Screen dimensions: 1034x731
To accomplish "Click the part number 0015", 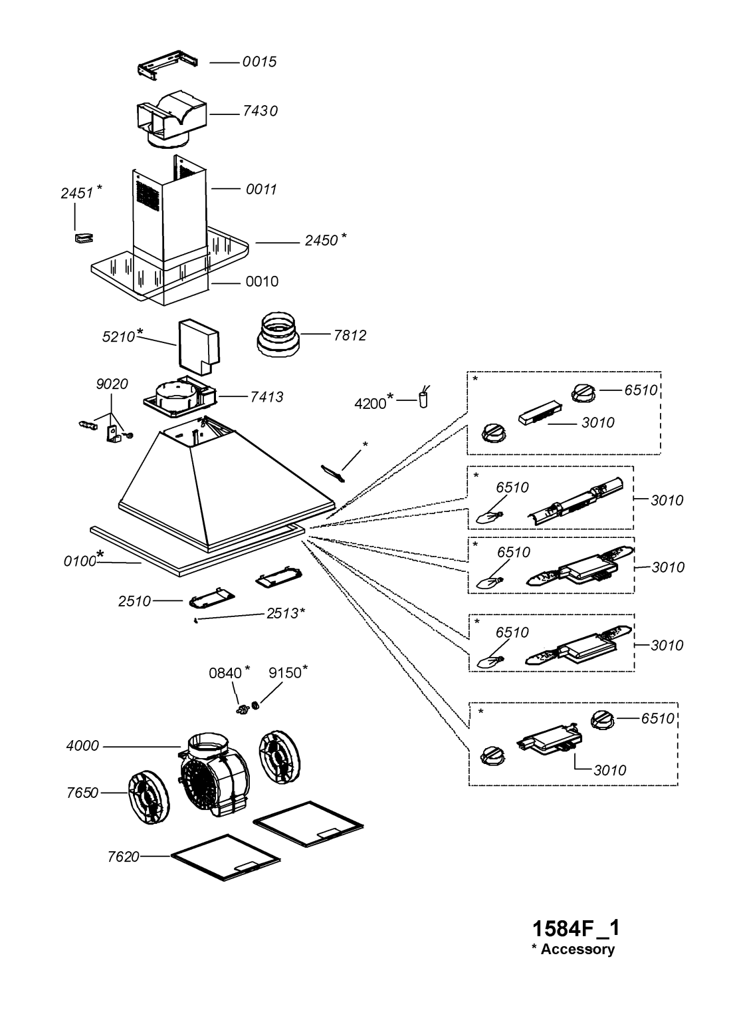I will point(259,62).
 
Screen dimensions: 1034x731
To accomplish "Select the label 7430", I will point(259,111).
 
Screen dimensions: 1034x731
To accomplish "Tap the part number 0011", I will point(261,190).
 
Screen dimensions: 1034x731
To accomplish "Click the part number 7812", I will point(350,335).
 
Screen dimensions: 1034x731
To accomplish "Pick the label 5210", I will point(119,337).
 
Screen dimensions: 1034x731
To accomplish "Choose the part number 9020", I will point(112,384).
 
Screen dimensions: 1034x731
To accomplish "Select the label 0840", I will point(225,673).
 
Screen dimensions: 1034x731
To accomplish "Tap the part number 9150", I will point(285,673).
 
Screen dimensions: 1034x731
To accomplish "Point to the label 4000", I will point(82,746).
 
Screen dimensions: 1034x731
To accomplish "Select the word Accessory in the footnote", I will point(577,950).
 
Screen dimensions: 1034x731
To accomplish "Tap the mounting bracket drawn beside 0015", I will point(169,66).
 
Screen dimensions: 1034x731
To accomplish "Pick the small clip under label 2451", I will point(82,238).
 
